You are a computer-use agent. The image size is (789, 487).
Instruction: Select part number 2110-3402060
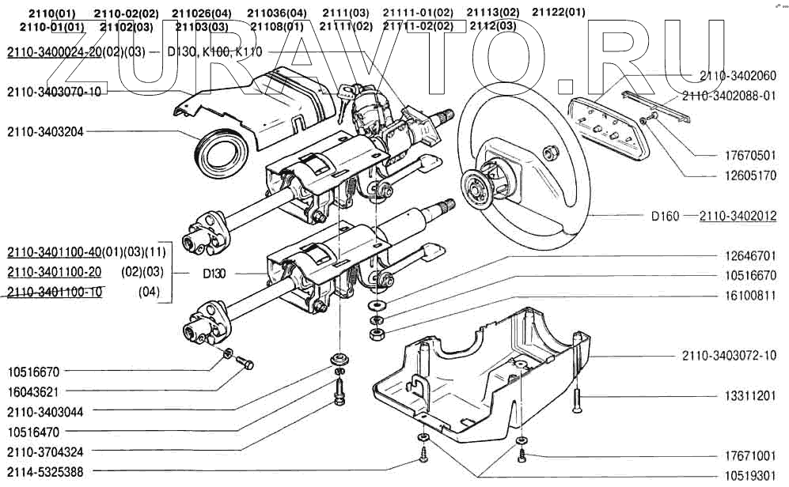tap(738, 76)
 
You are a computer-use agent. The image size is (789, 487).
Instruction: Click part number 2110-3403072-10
tap(729, 356)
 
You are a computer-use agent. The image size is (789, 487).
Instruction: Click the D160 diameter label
tap(665, 216)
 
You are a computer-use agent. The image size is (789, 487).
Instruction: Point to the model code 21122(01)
tap(559, 13)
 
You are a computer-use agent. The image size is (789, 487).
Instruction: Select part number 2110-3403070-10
tap(54, 92)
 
